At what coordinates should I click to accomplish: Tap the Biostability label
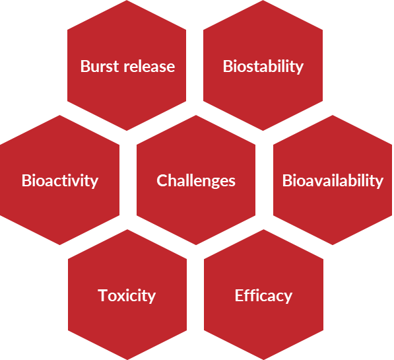point(263,67)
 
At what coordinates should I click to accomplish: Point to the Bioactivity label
point(60,181)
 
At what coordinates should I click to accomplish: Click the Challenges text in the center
point(196,181)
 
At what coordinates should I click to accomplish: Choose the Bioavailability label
point(333,181)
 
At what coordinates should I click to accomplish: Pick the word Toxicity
point(127,296)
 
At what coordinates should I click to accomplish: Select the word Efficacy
point(263,296)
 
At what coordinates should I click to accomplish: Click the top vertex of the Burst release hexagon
point(127,1)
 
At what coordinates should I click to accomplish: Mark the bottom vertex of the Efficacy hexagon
point(263,359)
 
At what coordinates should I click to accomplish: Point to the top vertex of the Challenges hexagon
point(196,115)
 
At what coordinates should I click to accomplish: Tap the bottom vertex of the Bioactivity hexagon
point(60,245)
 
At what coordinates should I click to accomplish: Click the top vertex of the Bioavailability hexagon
point(333,115)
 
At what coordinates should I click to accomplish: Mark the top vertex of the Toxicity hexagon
point(127,229)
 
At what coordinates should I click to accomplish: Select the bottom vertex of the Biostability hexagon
point(263,131)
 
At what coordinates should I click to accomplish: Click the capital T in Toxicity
point(102,295)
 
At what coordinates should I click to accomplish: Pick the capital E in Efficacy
point(239,295)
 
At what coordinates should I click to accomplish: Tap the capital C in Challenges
point(162,180)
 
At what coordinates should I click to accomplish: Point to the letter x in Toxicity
point(121,297)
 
